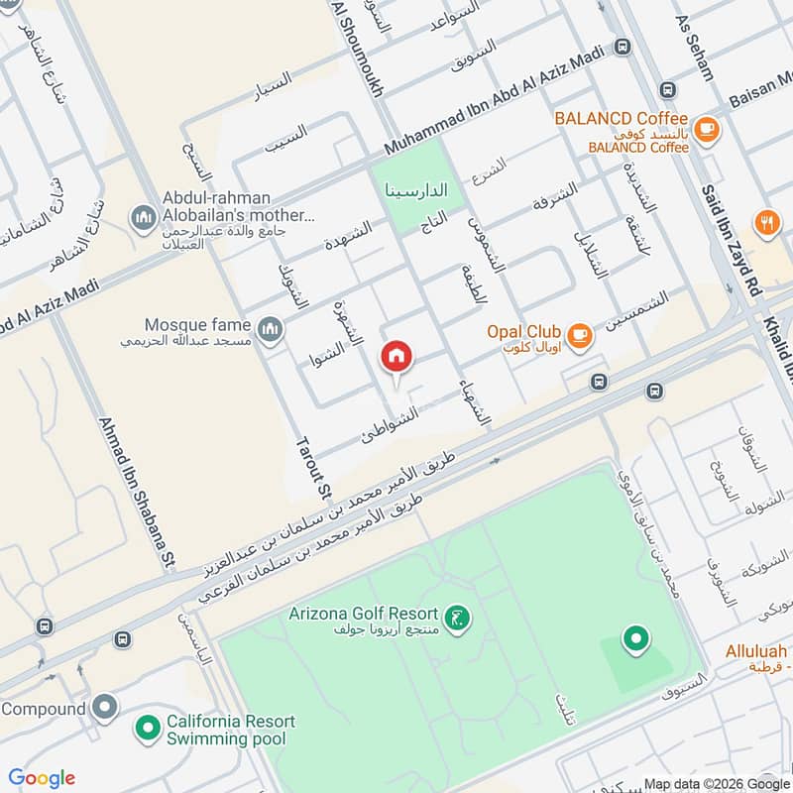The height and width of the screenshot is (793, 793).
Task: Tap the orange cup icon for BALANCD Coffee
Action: pyautogui.click(x=706, y=128)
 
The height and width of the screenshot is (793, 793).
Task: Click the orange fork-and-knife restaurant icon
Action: pyautogui.click(x=766, y=223)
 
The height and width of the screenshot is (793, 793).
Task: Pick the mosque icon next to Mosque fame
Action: pyautogui.click(x=269, y=328)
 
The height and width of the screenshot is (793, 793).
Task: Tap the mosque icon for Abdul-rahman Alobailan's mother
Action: pyautogui.click(x=144, y=216)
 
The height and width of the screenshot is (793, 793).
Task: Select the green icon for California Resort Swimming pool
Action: pyautogui.click(x=148, y=729)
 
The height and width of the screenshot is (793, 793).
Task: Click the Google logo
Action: pyautogui.click(x=42, y=778)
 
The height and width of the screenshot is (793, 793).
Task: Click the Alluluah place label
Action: pyautogui.click(x=755, y=651)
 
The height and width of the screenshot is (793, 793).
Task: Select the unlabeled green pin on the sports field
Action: pyautogui.click(x=634, y=638)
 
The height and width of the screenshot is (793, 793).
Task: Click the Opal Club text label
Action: pyautogui.click(x=523, y=331)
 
